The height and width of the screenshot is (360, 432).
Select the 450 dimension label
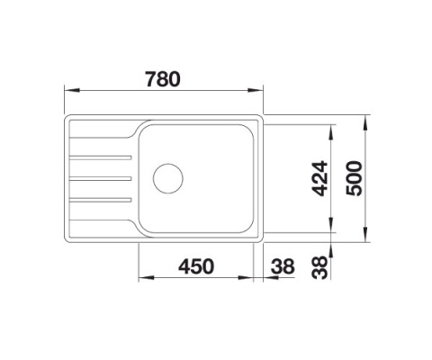pos(195,266)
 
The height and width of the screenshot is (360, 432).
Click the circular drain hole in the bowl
pos(168,177)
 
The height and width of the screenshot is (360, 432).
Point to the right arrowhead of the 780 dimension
pos(260,90)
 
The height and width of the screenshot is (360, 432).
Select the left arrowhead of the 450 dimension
pos(142,279)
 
